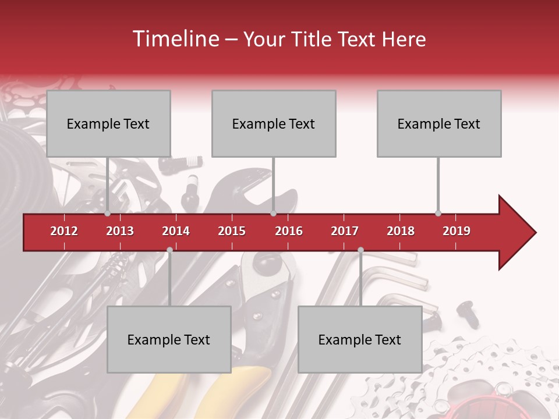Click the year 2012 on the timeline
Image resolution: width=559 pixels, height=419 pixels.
[x=64, y=231]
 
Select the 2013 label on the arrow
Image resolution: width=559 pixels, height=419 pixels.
[x=120, y=231]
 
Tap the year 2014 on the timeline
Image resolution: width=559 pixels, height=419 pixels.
[x=176, y=231]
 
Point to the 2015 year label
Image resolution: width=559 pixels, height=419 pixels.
[x=232, y=231]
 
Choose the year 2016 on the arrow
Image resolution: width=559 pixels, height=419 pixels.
[x=289, y=231]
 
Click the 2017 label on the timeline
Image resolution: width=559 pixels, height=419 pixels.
[x=345, y=231]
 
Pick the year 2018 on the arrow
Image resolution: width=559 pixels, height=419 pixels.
[x=401, y=231]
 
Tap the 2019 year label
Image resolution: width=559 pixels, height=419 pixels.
[x=457, y=231]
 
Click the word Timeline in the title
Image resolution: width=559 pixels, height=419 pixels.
[x=175, y=39]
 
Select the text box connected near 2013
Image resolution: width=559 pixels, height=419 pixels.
[x=108, y=123]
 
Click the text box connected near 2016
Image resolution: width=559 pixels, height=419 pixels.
[x=274, y=123]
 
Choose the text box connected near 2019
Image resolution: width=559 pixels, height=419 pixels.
[x=439, y=123]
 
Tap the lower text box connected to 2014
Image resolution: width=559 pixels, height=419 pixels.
[x=169, y=339]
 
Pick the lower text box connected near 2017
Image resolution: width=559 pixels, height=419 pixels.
[x=360, y=339]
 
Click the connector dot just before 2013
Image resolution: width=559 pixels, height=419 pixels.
[x=108, y=214]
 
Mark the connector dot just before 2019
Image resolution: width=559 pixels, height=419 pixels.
[x=438, y=214]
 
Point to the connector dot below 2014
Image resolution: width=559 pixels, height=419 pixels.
[x=169, y=250]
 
